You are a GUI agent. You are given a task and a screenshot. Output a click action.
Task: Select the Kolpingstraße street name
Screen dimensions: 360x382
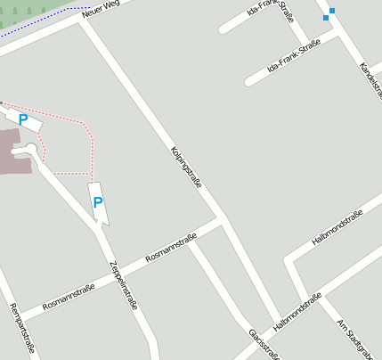pyautogui.click(x=186, y=168)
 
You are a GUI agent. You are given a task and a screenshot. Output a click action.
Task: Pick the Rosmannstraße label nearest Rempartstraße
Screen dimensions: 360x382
pyautogui.click(x=69, y=297)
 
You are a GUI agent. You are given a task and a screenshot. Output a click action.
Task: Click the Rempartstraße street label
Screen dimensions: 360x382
pyautogui.click(x=20, y=329)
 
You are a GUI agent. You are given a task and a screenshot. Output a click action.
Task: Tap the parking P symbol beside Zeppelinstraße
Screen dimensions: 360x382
pyautogui.click(x=98, y=202)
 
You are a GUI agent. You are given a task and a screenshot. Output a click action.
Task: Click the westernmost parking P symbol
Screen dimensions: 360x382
pyautogui.click(x=23, y=119)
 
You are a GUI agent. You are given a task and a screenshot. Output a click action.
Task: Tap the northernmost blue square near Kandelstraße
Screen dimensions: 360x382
pyautogui.click(x=332, y=11)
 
